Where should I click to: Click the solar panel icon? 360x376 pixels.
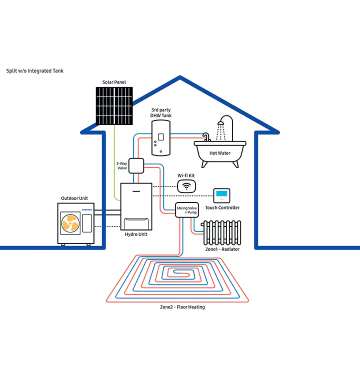pos(115,105)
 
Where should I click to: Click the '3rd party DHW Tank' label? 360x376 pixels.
pos(161,112)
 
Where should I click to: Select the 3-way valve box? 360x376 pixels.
pos(136,165)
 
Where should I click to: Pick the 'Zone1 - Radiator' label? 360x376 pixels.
pos(222,249)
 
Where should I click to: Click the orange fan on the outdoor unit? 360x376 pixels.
pos(69,223)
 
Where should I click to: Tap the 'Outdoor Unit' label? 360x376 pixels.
pos(74,198)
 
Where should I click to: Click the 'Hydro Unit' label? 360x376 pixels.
pos(136,234)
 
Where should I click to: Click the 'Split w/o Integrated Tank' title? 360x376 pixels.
pos(35,71)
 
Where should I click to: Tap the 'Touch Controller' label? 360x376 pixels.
pos(222,207)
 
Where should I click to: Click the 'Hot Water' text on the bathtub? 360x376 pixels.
pos(220,153)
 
